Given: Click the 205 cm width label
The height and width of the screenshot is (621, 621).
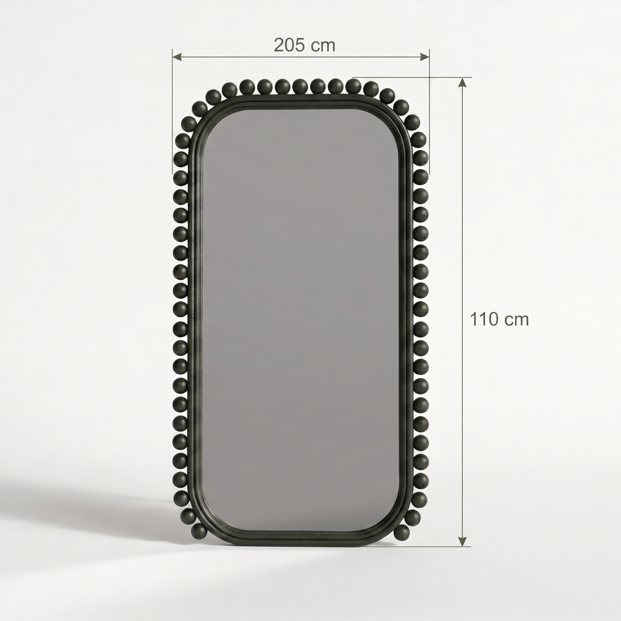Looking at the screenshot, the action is tap(305, 46).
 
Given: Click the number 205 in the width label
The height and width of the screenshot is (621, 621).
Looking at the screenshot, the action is tap(289, 46).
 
